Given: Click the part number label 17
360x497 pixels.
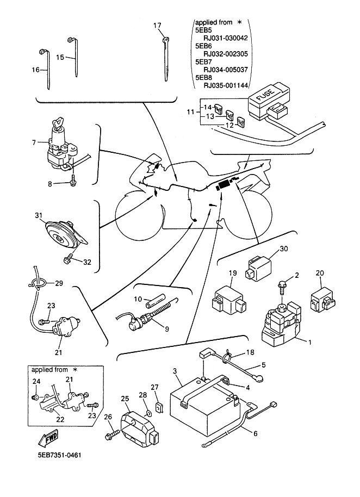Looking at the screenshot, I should pyautogui.click(x=157, y=26).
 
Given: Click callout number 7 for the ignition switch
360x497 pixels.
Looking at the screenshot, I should pyautogui.click(x=34, y=142).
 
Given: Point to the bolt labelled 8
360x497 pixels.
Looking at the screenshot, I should pyautogui.click(x=72, y=183).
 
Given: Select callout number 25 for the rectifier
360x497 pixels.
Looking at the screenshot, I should pyautogui.click(x=125, y=399).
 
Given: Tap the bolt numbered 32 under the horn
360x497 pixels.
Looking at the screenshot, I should pyautogui.click(x=69, y=260).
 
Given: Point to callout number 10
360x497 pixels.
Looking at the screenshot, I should pyautogui.click(x=138, y=299).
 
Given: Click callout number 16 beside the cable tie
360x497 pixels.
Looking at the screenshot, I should pyautogui.click(x=36, y=70).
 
